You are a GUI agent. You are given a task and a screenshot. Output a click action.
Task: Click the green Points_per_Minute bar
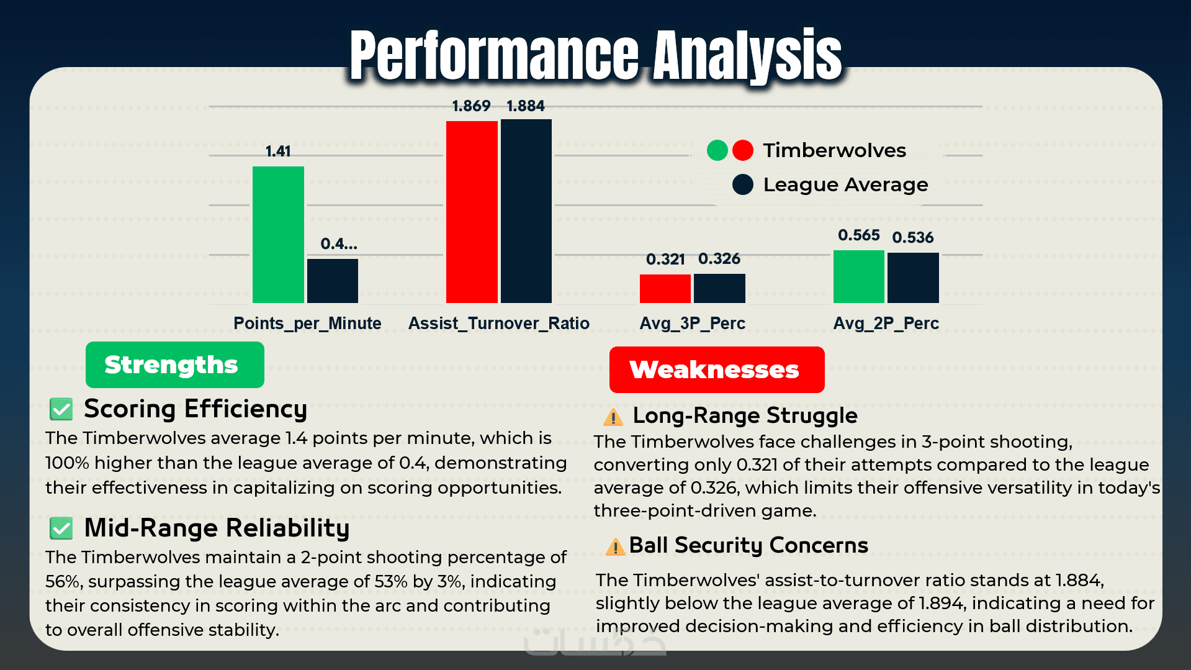[x=278, y=235]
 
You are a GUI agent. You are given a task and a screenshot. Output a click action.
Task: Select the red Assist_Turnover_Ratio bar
[x=472, y=212]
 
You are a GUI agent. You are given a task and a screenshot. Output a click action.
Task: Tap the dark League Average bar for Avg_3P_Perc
[x=719, y=288]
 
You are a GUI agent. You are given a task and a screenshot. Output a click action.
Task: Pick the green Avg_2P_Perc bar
[x=858, y=276]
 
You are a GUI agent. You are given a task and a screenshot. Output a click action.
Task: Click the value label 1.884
[x=526, y=106]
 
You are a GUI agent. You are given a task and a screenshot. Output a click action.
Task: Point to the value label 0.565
[x=858, y=235]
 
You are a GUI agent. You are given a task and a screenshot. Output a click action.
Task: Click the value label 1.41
[x=278, y=152]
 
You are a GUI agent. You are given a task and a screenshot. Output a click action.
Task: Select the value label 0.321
[x=665, y=259]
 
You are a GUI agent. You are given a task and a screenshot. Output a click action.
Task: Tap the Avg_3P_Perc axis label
[x=692, y=324]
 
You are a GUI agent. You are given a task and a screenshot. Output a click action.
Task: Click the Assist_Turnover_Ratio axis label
[x=498, y=324]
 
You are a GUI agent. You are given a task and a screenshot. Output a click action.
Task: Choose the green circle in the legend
[x=717, y=150]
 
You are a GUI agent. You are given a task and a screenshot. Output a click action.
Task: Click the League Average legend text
[x=845, y=184]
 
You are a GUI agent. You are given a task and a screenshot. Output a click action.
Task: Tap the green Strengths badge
[x=174, y=365]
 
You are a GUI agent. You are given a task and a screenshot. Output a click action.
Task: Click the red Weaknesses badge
[x=716, y=370]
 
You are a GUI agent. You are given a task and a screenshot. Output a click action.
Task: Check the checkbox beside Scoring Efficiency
[x=61, y=409]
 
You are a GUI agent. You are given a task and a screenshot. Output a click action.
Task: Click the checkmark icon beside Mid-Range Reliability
[x=61, y=528]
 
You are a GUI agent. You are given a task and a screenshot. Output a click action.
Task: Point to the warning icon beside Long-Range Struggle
[x=613, y=417]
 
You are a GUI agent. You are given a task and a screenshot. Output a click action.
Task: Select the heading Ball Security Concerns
[x=748, y=545]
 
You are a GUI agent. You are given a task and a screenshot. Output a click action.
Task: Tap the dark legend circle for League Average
[x=742, y=184]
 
